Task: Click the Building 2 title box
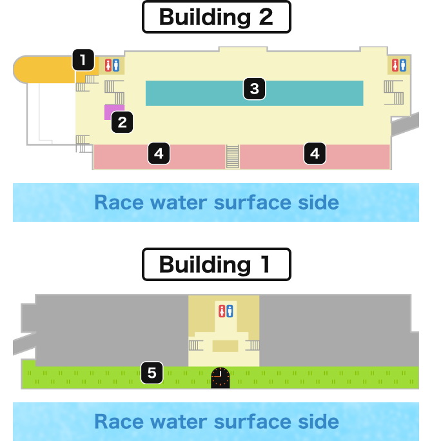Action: point(216,17)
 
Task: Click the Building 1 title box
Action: point(216,264)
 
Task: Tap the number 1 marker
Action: point(83,60)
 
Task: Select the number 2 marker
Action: point(122,122)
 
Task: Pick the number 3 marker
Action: point(254,89)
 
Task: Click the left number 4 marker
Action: point(159,153)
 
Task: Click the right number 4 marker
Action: point(315,153)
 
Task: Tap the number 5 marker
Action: point(152,373)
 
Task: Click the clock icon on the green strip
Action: point(221,378)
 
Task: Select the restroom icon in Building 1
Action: point(226,311)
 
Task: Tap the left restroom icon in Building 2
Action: point(112,65)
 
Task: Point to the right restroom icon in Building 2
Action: point(399,65)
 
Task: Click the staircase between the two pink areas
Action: point(233,157)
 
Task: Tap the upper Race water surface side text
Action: point(217,202)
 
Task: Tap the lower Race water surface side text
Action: point(217,422)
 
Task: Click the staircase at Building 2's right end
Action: point(394,93)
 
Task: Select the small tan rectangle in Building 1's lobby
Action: point(225,346)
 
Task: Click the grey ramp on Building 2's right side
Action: point(405,124)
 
